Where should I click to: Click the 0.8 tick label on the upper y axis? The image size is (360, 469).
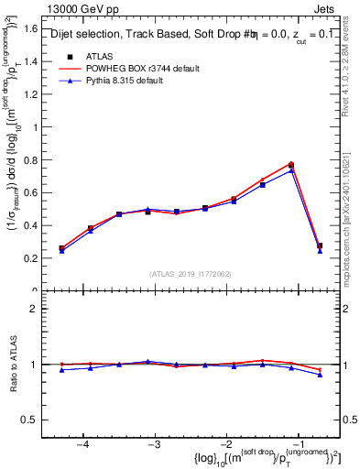coord(35,160)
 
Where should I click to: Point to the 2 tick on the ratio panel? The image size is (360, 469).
coord(38,309)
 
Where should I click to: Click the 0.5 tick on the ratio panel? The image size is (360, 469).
coord(35,420)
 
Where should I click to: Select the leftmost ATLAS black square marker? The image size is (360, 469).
coord(61,248)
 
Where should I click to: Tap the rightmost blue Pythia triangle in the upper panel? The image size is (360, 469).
coord(320,250)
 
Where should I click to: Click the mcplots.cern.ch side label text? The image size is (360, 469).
coord(352,211)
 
